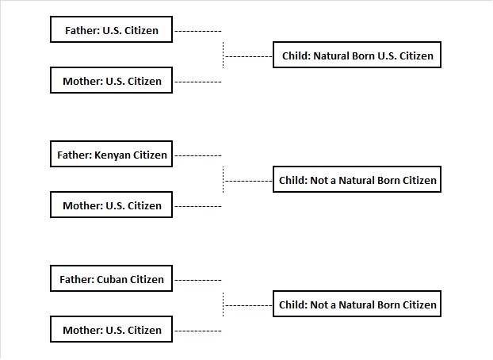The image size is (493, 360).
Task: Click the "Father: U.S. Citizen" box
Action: (111, 32)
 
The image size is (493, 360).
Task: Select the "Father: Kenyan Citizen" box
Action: (111, 155)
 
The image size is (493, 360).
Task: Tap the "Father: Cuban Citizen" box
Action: (111, 279)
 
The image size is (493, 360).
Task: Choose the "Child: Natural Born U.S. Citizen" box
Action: (357, 56)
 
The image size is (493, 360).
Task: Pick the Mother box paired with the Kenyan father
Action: (111, 205)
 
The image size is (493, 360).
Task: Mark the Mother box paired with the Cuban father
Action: (111, 330)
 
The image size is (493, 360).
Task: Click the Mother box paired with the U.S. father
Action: (111, 81)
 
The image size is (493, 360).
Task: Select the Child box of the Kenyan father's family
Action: (357, 181)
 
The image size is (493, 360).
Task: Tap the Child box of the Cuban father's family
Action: (357, 304)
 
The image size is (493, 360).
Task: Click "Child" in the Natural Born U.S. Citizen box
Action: (295, 56)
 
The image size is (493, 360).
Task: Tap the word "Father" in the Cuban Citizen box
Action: (76, 279)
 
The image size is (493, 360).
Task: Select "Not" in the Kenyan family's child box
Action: (319, 181)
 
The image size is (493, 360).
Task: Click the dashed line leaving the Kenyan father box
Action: (197, 155)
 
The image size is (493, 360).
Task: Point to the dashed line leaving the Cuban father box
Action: (197, 280)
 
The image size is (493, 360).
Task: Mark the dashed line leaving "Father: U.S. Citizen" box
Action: (197, 32)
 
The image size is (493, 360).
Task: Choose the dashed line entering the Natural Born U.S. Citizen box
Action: (249, 56)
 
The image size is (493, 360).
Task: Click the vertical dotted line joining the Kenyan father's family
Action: (224, 179)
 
